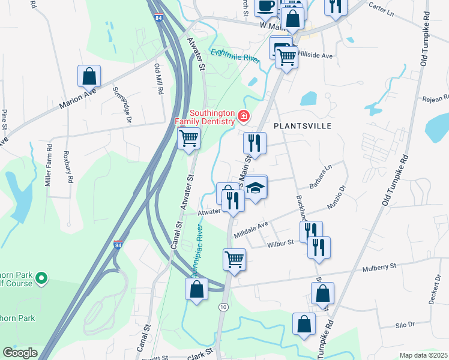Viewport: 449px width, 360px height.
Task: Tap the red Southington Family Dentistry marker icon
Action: pos(244,116)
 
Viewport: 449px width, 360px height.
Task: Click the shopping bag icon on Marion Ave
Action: pos(89,77)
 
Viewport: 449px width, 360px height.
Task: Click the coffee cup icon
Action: pos(265,6)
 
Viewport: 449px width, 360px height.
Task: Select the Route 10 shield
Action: pos(223,307)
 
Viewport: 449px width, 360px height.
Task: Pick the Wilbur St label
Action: pos(281,243)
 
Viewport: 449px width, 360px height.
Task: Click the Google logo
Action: pos(20,353)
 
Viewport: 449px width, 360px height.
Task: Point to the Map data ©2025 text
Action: pos(423,355)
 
